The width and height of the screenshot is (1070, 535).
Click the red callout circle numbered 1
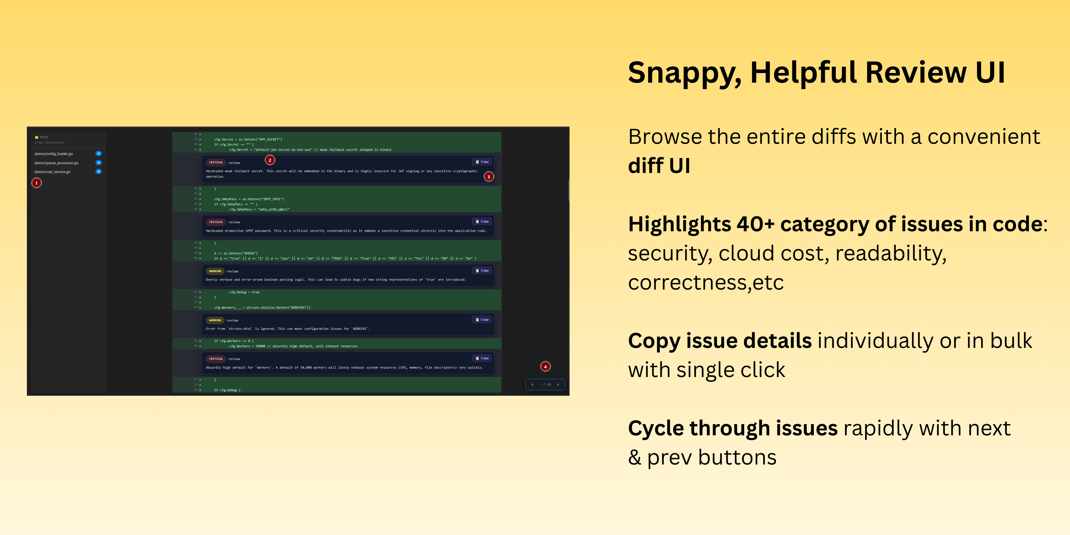click(x=37, y=183)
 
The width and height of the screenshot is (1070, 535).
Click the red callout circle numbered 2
click(x=270, y=160)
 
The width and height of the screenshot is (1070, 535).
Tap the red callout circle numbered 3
click(x=489, y=177)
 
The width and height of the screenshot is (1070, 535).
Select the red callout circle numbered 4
click(x=545, y=366)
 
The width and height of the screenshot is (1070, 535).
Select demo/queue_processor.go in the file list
click(x=57, y=163)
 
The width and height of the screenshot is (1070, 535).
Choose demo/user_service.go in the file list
click(x=52, y=172)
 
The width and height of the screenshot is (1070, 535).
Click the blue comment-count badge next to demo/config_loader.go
click(x=99, y=153)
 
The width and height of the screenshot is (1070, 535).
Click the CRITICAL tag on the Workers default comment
click(x=216, y=358)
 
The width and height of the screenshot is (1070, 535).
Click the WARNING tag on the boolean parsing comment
click(x=215, y=271)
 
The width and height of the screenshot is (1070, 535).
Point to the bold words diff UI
click(x=659, y=166)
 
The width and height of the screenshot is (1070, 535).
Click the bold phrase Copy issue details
click(x=720, y=341)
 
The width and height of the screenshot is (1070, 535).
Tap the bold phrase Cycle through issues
click(x=732, y=428)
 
